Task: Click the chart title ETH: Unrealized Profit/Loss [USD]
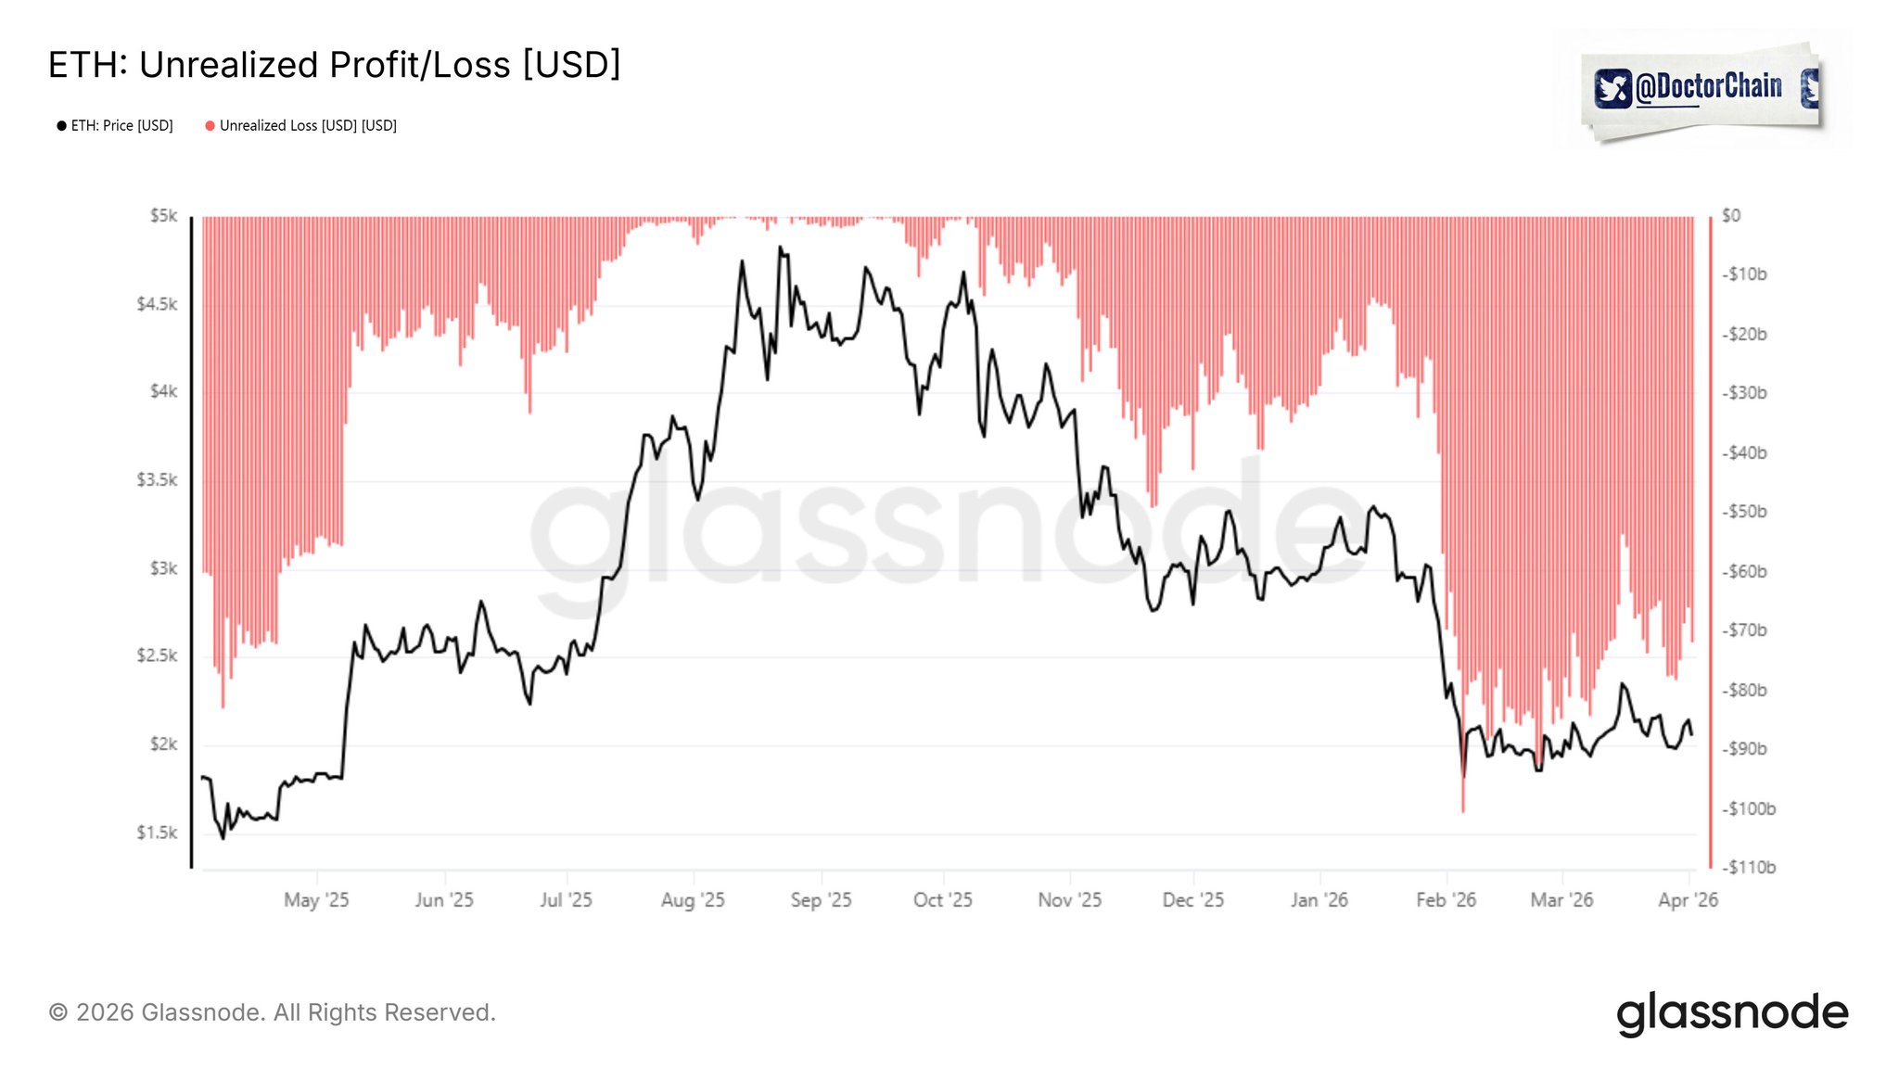334,65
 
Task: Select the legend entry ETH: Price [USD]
115,126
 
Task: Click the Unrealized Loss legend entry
301,126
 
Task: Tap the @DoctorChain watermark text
1708,87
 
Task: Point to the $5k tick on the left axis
163,216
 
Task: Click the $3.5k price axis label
157,480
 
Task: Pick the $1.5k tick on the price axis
157,833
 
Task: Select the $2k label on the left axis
163,744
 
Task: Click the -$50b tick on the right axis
1744,512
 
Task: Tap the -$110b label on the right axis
1748,868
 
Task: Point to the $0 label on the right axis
1731,216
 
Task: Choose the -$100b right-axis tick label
1748,808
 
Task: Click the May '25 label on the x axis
316,900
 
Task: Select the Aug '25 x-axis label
693,900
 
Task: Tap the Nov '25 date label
1070,900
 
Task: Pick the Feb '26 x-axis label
1446,900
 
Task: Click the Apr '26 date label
1688,900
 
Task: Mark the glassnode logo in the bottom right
1732,1012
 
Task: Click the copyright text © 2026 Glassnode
272,1012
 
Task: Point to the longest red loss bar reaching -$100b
1463,797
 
